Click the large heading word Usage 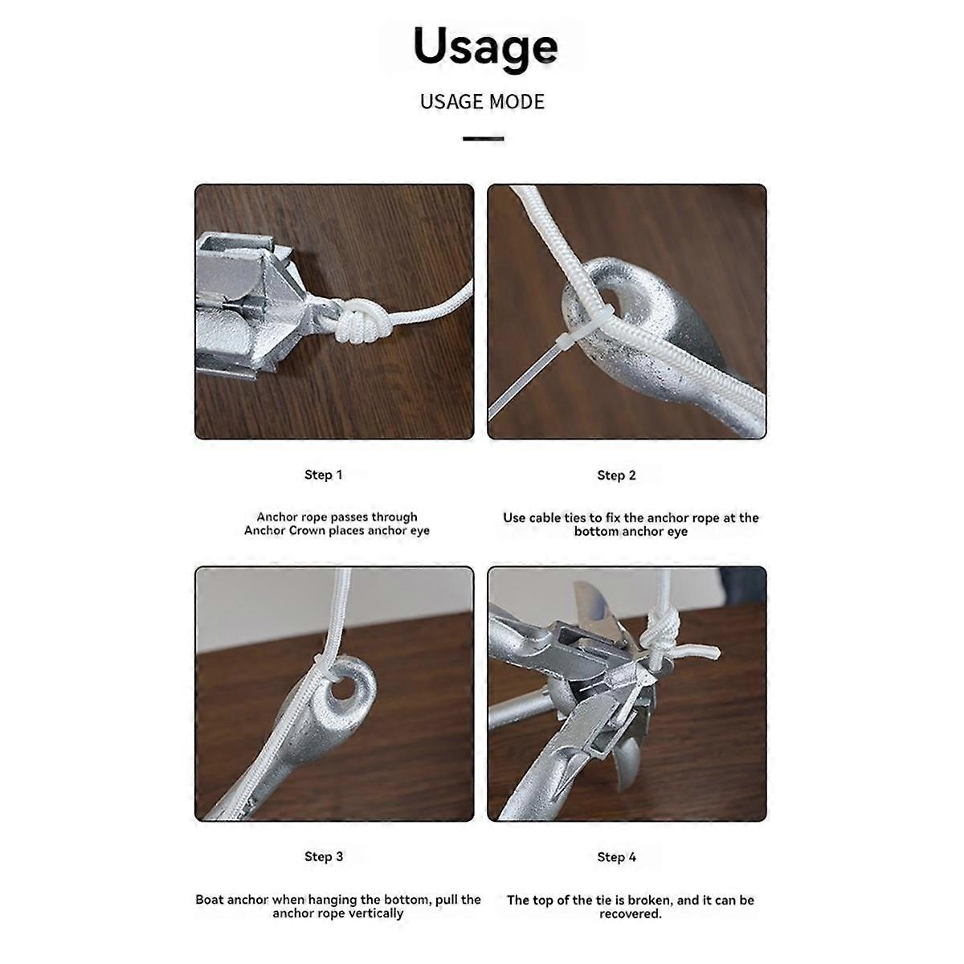point(485,47)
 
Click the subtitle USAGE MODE point(482,102)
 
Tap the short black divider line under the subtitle point(483,139)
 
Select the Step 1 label point(323,475)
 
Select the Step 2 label point(616,476)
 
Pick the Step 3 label point(323,856)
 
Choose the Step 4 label point(616,857)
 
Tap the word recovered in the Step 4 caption point(630,914)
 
